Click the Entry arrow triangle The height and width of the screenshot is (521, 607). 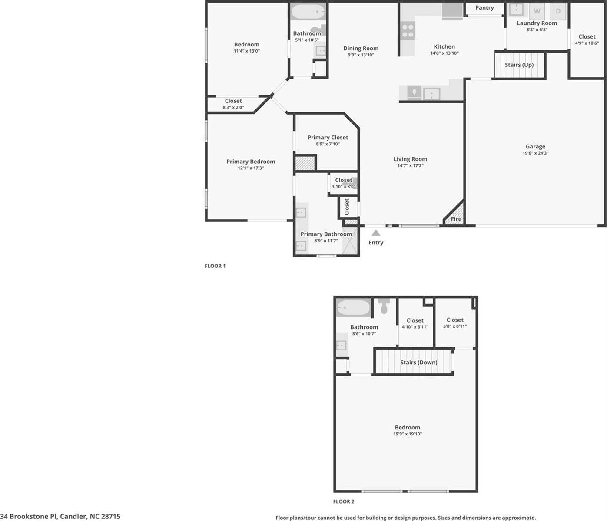(376, 233)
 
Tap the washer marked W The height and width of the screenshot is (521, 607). (537, 11)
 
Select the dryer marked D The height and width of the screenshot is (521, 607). (558, 11)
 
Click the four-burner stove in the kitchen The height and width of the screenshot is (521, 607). (408, 31)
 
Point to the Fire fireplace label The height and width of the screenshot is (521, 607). (456, 219)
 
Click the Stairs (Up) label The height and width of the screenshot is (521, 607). (519, 65)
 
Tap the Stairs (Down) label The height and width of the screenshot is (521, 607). (418, 362)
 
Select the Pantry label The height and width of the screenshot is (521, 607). (484, 8)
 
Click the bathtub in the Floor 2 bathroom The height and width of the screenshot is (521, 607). (353, 309)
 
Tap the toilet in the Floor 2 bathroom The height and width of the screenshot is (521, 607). (384, 307)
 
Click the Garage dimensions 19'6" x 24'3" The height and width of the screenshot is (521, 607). (535, 153)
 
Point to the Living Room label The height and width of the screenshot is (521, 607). (410, 159)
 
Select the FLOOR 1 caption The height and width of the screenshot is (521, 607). (215, 266)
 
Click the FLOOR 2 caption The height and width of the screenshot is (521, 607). (344, 501)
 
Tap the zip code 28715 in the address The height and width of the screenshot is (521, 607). (111, 516)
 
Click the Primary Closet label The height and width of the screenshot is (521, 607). (328, 137)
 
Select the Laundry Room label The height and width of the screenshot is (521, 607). (537, 23)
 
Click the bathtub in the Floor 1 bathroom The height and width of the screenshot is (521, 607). (308, 12)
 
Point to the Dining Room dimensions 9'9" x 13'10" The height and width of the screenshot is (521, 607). (361, 55)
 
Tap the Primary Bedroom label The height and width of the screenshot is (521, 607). (251, 162)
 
